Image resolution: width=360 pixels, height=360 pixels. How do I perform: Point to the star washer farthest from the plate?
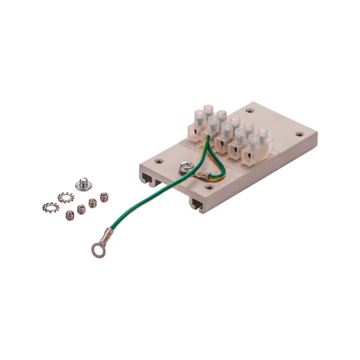(50, 207)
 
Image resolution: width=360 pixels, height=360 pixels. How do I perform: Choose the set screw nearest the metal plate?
(106, 196)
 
